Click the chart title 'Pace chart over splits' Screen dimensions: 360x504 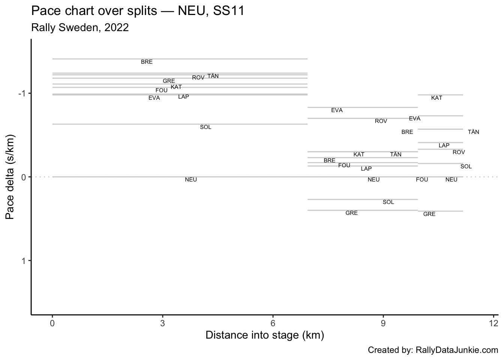(138, 11)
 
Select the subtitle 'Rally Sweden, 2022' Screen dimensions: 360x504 (80, 27)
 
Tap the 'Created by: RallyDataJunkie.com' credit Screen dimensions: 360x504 (433, 350)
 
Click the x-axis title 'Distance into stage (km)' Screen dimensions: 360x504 (264, 335)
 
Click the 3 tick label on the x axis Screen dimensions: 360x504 (162, 324)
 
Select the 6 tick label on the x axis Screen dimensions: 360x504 (273, 324)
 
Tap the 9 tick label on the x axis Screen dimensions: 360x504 (383, 324)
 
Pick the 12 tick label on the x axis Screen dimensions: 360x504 (493, 324)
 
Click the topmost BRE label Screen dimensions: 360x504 (147, 62)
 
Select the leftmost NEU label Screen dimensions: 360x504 (191, 180)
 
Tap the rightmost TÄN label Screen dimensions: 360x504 (473, 132)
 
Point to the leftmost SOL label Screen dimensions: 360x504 (205, 127)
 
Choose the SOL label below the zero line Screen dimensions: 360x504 (388, 202)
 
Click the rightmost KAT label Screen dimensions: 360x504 (436, 98)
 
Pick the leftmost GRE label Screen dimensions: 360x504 (169, 81)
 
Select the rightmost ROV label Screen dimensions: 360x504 (459, 152)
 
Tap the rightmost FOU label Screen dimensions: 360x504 (422, 180)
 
